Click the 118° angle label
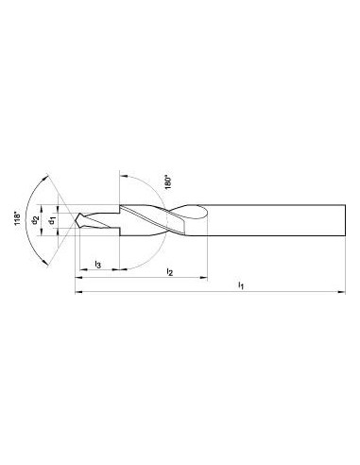[17, 219]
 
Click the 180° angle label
[168, 182]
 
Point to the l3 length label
[98, 265]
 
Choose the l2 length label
[170, 271]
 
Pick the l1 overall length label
[241, 285]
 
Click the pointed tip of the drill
[75, 220]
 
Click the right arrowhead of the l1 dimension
[342, 292]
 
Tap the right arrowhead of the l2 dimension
[204, 278]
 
